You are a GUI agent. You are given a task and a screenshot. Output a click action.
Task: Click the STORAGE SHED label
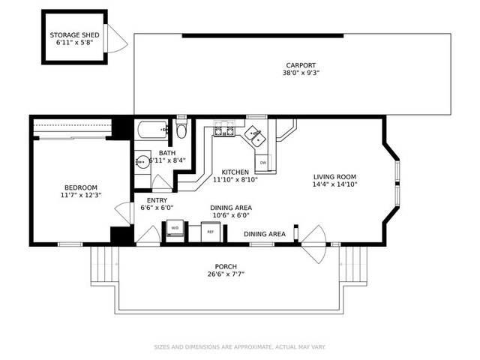[x=74, y=35]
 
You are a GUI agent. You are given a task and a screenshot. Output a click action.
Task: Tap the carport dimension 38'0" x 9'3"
[x=301, y=73]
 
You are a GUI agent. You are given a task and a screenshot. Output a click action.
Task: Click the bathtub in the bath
[x=152, y=130]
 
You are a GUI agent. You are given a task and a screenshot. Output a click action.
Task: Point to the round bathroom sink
[x=142, y=161]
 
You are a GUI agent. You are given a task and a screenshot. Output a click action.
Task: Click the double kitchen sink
[x=256, y=136]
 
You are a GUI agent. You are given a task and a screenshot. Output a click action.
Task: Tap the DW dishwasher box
[x=262, y=163]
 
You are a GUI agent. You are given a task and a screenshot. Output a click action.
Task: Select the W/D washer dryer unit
[x=175, y=228]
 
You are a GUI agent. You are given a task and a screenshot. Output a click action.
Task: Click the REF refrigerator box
[x=210, y=232]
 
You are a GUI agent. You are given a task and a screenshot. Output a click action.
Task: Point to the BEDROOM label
[x=81, y=187]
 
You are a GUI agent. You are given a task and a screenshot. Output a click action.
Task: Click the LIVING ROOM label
[x=334, y=177]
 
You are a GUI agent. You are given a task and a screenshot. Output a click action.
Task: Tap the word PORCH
[x=226, y=267]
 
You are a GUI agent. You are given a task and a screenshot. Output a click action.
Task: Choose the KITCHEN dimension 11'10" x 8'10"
[x=235, y=180]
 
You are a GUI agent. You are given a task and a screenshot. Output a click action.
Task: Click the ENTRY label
[x=157, y=200]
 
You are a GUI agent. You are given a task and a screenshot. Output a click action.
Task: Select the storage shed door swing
[x=117, y=38]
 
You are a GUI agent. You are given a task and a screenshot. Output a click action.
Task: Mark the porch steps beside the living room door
[x=353, y=265]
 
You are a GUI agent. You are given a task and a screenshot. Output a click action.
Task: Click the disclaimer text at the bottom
[x=240, y=347]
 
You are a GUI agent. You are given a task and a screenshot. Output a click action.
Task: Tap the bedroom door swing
[x=123, y=211]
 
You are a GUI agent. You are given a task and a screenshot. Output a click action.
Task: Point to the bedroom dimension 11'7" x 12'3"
[x=81, y=195]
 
